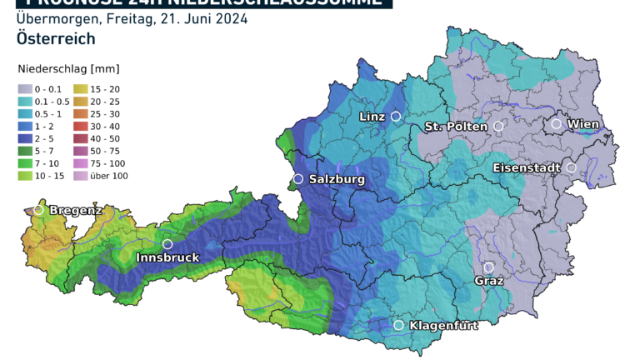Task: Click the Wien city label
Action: [583, 124]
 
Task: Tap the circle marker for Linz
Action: [396, 117]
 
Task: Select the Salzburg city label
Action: [337, 179]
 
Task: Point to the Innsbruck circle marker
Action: [167, 244]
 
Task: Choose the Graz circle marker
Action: [488, 267]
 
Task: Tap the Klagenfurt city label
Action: [443, 326]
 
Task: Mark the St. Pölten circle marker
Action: [498, 127]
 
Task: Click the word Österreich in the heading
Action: [55, 39]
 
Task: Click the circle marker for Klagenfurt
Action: [398, 325]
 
